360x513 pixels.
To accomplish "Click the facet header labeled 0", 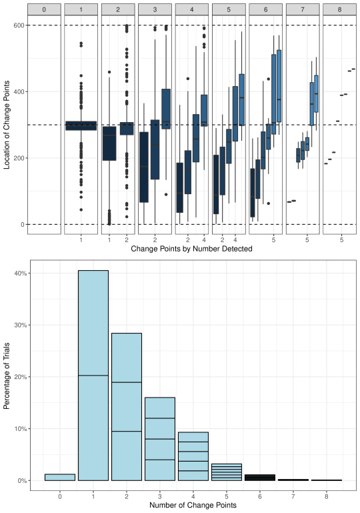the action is point(44,9).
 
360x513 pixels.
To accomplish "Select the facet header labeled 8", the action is point(339,9).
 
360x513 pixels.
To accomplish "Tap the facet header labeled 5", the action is point(229,9).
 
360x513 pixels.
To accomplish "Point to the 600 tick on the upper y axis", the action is point(19,25).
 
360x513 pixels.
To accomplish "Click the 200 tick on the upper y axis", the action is point(19,158).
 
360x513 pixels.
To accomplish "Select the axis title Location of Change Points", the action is point(7,125).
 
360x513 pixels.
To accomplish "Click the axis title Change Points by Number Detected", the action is point(191,249).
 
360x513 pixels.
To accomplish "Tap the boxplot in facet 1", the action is point(81,125).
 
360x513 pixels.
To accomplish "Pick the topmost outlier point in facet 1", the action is point(81,43).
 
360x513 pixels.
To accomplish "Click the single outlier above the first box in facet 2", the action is point(109,72).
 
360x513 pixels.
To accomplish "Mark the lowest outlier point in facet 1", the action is point(81,209).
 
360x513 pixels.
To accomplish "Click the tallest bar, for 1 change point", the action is point(93,376).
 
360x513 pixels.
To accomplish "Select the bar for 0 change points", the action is point(60,478).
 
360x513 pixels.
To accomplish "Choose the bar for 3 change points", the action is point(160,439).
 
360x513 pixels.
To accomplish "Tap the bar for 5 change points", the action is point(227,472).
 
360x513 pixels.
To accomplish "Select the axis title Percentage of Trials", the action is point(7,376).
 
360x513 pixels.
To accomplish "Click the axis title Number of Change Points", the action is point(193,505).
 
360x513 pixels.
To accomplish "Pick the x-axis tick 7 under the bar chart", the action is point(293,496).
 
